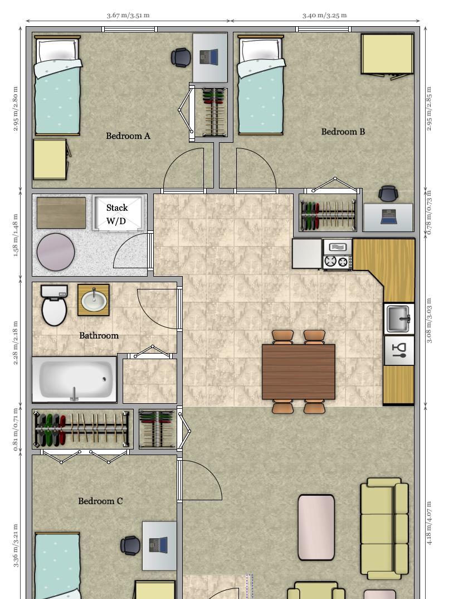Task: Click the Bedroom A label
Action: pyautogui.click(x=128, y=136)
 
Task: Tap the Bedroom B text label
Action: pyautogui.click(x=343, y=132)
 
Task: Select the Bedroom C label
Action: pyautogui.click(x=100, y=501)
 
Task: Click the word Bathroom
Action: pyautogui.click(x=99, y=336)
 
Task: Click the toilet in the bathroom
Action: pyautogui.click(x=54, y=305)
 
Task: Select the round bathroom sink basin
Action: pyautogui.click(x=94, y=300)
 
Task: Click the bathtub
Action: pyautogui.click(x=75, y=380)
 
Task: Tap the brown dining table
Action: pyautogui.click(x=299, y=372)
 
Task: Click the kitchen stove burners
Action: pyautogui.click(x=338, y=262)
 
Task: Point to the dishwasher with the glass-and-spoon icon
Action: pyautogui.click(x=399, y=351)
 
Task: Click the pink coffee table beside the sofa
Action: pyautogui.click(x=316, y=528)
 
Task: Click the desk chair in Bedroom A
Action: pyautogui.click(x=181, y=57)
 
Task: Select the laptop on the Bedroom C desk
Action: pyautogui.click(x=158, y=545)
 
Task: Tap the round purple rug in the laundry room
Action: pyautogui.click(x=56, y=252)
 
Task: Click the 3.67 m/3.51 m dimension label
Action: pyautogui.click(x=128, y=15)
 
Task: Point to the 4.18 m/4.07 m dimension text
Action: pyautogui.click(x=428, y=523)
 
